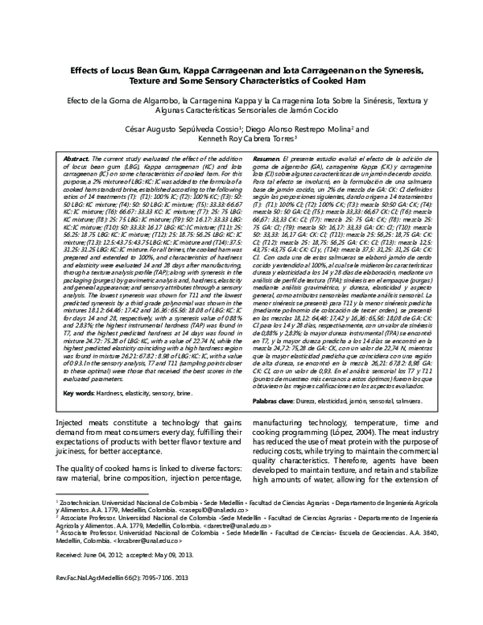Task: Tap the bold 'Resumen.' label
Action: tap(267, 160)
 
